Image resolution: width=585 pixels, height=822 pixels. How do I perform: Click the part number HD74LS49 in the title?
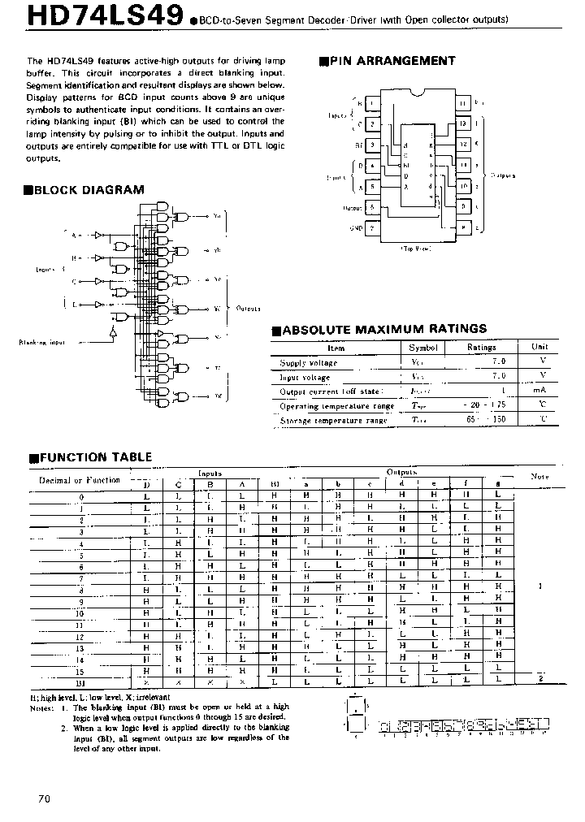93,17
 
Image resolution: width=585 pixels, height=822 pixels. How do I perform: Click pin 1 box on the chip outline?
371,104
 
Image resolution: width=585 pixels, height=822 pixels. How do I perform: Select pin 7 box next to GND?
371,228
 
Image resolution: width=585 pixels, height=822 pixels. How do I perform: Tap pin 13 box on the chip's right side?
462,124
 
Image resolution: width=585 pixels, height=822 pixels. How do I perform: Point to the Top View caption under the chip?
415,249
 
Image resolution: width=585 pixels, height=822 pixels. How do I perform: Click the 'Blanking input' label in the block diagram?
41,342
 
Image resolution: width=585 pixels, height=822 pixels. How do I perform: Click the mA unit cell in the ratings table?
539,391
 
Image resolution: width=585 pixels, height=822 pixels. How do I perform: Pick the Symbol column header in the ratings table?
423,348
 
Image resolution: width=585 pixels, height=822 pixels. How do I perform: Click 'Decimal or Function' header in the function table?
80,480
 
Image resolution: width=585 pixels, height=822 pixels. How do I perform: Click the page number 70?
44,798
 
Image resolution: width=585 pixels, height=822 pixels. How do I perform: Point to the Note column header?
539,476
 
